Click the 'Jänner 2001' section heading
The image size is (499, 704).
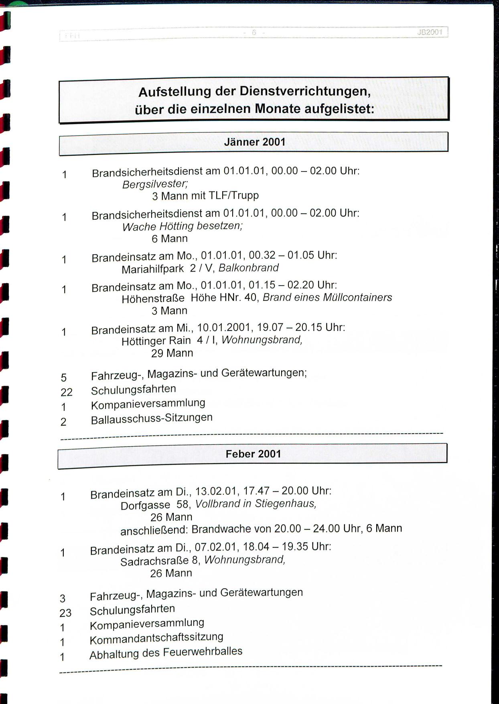pyautogui.click(x=254, y=142)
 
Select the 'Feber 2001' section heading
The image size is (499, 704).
pyautogui.click(x=253, y=454)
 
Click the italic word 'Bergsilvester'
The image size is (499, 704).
pyautogui.click(x=155, y=184)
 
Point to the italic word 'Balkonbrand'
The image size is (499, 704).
pyautogui.click(x=248, y=267)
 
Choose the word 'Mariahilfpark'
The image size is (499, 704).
pyautogui.click(x=152, y=269)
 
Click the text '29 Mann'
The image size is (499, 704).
pyautogui.click(x=172, y=353)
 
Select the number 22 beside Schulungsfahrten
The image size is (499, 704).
pyautogui.click(x=67, y=392)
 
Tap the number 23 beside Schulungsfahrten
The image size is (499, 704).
pyautogui.click(x=65, y=613)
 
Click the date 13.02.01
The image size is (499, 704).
pyautogui.click(x=216, y=491)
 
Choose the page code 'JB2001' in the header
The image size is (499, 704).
pyautogui.click(x=429, y=32)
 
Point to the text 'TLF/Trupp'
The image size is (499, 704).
pyautogui.click(x=234, y=196)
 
